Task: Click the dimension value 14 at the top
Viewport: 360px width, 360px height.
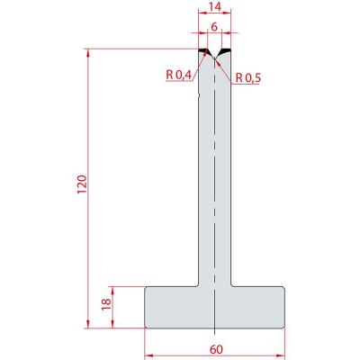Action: click(x=215, y=6)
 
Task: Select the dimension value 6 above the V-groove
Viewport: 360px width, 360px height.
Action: click(x=214, y=27)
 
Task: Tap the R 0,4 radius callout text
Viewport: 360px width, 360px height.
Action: click(x=179, y=75)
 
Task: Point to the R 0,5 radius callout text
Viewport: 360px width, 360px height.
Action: click(x=247, y=78)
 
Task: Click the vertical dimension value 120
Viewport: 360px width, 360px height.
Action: click(x=82, y=184)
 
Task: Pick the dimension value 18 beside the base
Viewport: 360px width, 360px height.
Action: click(x=106, y=304)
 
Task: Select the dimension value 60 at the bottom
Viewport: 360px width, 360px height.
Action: click(x=216, y=349)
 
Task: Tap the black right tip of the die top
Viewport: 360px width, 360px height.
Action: click(x=226, y=50)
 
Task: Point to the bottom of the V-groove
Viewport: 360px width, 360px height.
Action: click(x=215, y=58)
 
